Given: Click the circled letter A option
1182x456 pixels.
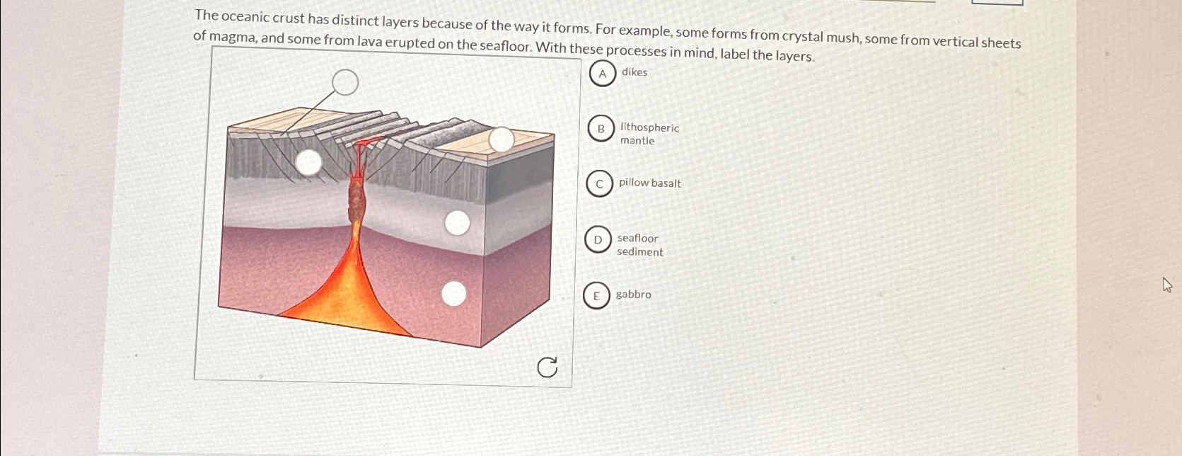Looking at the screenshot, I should coord(602,73).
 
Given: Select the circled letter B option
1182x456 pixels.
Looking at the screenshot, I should coord(601,129).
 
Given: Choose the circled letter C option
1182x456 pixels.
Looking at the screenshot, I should coord(599,184).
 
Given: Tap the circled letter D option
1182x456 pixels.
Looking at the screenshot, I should coord(598,240).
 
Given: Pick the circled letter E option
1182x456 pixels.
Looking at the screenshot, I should coord(596,296).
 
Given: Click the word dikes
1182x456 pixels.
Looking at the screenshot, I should coord(635,72).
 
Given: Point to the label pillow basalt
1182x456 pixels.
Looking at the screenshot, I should coord(649,183).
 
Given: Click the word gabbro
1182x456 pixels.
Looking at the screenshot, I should coord(633,294).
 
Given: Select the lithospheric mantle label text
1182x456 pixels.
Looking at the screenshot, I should coord(649,134).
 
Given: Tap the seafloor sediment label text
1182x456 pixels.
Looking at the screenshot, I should coord(639,245).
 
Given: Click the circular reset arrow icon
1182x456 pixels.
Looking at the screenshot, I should coord(547,367).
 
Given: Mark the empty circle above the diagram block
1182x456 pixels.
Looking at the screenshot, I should coord(345,82).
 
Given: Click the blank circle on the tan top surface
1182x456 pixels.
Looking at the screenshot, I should coord(502,139).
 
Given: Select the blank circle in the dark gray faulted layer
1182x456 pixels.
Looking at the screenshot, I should coord(308,162).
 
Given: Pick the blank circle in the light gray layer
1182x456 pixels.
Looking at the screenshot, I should coord(457,223).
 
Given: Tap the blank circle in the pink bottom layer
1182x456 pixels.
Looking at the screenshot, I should coord(453,293).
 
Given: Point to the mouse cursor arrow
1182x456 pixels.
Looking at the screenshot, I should coord(1166,285).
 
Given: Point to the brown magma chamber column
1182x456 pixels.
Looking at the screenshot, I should coord(355,201).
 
